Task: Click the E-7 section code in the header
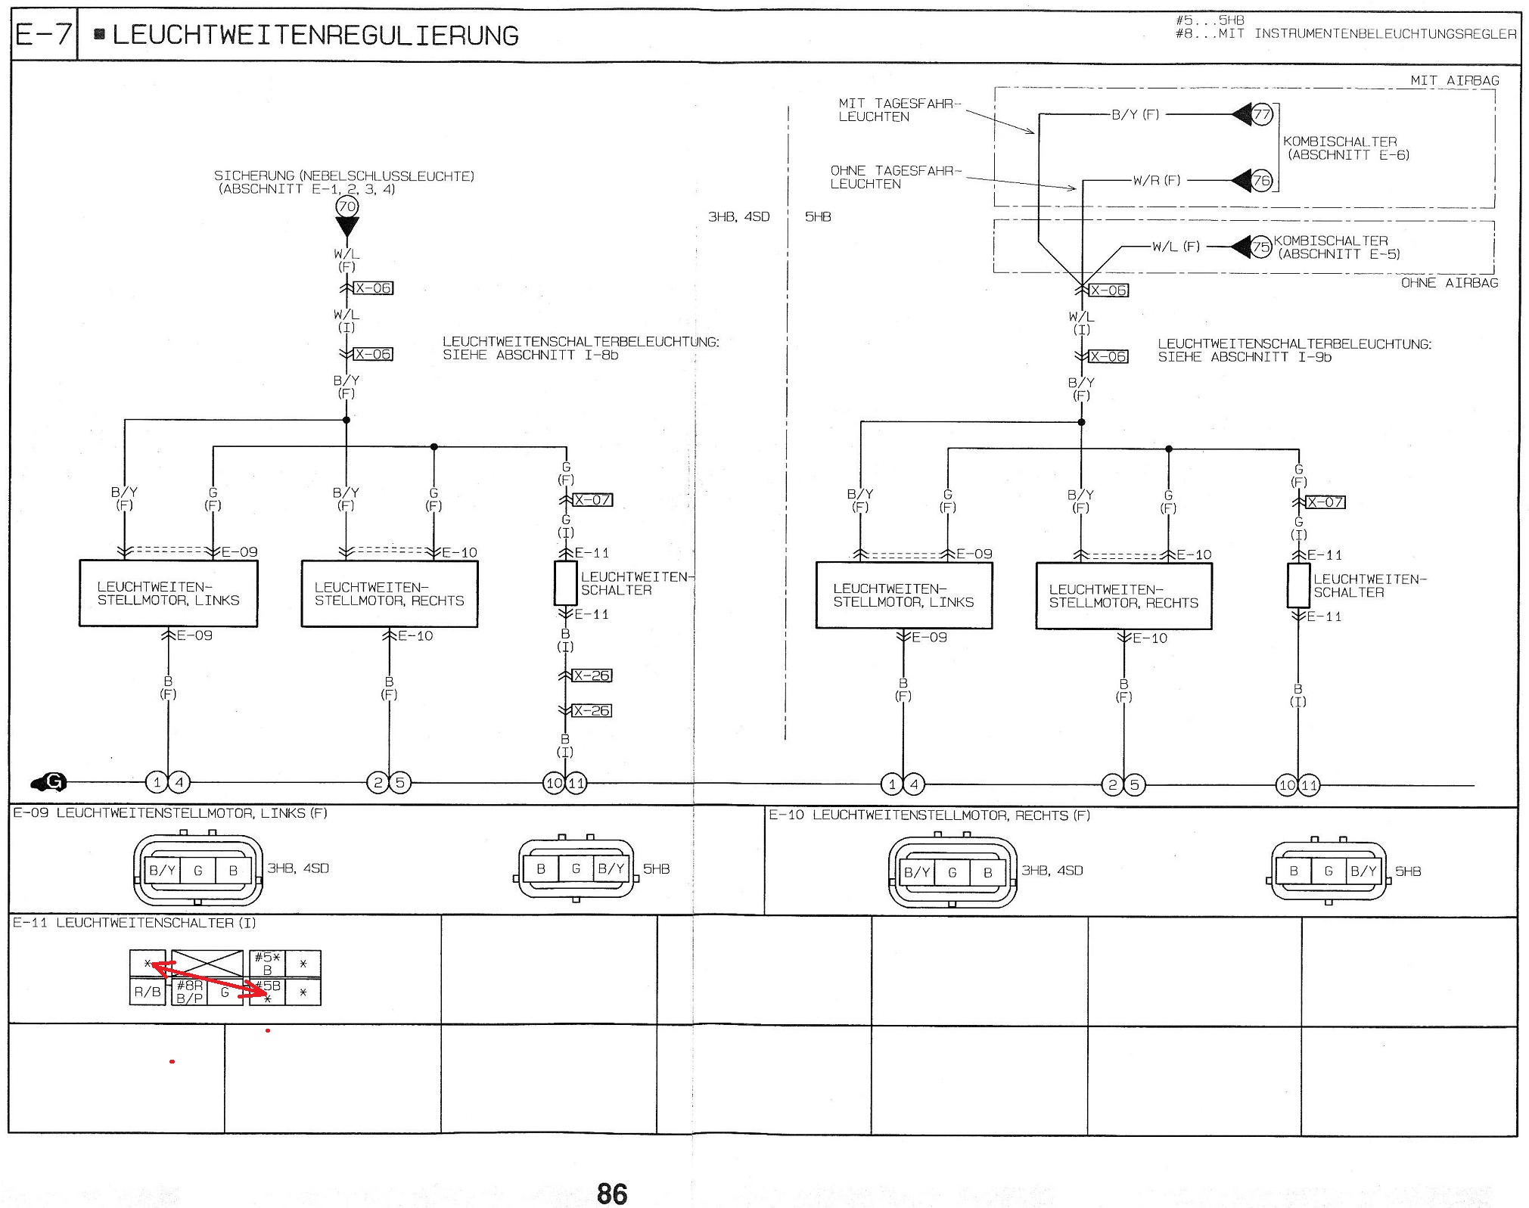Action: (44, 35)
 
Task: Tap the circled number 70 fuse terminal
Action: (347, 206)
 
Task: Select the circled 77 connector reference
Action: (1261, 115)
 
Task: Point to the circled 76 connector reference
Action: (1261, 181)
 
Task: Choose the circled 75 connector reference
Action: (1260, 247)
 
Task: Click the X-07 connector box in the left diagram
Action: (593, 500)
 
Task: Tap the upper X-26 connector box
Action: (592, 675)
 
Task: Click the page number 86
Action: (612, 1194)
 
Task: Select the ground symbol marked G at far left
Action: (50, 782)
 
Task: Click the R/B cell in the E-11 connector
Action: (148, 992)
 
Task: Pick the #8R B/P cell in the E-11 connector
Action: (189, 992)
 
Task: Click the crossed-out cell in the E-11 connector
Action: (207, 964)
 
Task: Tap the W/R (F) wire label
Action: (1156, 181)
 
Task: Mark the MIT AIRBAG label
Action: (1454, 80)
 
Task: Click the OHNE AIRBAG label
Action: (1449, 283)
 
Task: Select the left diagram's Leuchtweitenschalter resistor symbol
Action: (565, 582)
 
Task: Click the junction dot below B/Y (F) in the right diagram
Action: (1081, 422)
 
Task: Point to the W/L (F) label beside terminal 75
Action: (1176, 247)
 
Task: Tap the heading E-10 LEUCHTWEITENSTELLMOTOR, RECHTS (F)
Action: (929, 815)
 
